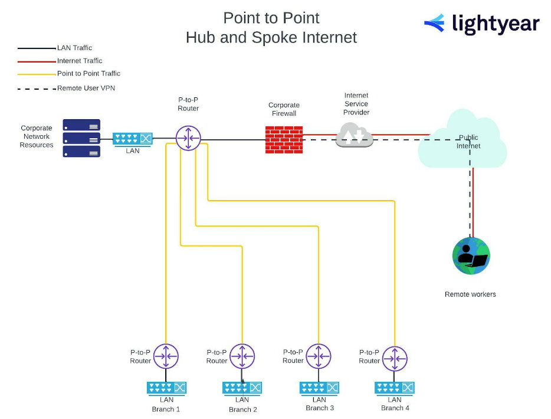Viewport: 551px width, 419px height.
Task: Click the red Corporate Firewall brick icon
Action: click(x=284, y=140)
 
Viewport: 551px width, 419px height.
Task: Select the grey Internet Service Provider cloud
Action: click(x=355, y=136)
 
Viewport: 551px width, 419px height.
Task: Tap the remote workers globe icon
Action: click(x=471, y=256)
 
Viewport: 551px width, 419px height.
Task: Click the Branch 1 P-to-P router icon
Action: click(x=166, y=356)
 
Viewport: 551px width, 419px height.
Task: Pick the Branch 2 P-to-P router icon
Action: click(x=242, y=356)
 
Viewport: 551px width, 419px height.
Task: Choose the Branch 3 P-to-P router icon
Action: click(x=319, y=356)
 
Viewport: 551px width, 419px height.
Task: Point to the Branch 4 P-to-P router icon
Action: click(x=395, y=358)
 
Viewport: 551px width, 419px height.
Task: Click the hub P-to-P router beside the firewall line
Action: click(x=188, y=139)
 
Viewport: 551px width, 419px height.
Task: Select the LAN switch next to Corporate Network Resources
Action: click(x=133, y=139)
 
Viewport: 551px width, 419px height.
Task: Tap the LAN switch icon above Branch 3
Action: click(x=319, y=388)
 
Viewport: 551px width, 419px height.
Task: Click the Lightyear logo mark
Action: click(x=435, y=23)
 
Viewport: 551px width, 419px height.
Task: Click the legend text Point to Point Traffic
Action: click(x=88, y=74)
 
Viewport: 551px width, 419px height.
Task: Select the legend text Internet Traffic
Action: click(x=80, y=61)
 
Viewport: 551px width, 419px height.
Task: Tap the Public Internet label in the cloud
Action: click(x=468, y=142)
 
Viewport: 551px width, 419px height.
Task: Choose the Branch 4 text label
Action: click(x=395, y=408)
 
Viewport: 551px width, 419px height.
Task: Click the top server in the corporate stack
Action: click(x=81, y=125)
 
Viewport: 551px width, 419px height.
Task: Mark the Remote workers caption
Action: click(x=470, y=294)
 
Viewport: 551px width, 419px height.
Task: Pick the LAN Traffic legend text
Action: click(x=74, y=48)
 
